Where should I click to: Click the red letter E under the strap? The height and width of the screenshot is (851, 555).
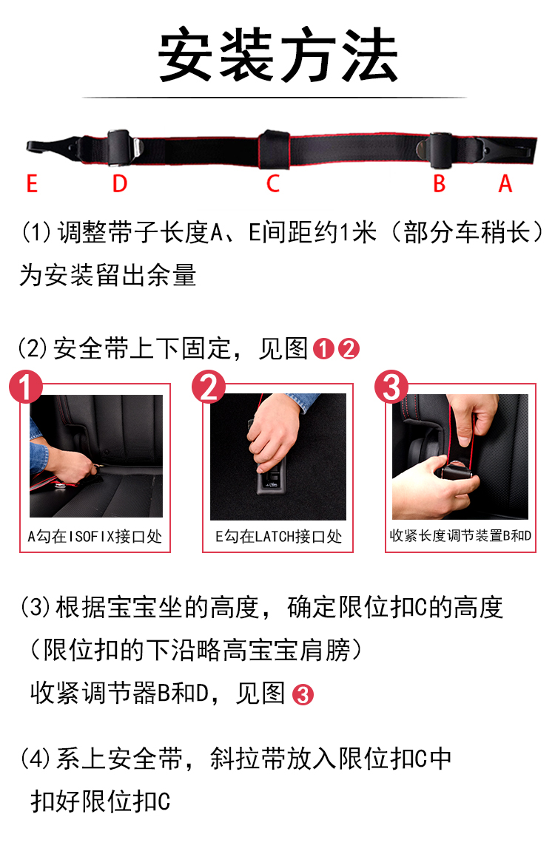[32, 183]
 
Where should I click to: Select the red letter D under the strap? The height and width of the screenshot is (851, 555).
[119, 183]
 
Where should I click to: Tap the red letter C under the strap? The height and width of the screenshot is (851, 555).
[272, 183]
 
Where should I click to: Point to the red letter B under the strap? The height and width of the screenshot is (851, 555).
[440, 183]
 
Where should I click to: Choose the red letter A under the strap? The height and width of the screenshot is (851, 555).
[505, 183]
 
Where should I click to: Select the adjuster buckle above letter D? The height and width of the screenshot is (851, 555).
[121, 147]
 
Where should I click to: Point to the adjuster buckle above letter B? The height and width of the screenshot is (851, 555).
[437, 149]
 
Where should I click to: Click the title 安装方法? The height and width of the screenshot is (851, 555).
[277, 55]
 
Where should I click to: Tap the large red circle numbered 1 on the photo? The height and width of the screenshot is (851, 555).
[25, 387]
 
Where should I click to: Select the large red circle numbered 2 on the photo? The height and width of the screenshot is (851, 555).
[209, 387]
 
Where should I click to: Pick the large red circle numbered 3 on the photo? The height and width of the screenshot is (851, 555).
[391, 387]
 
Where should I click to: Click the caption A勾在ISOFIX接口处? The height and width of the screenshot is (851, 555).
[95, 536]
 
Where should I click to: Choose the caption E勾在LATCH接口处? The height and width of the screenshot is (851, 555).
[278, 536]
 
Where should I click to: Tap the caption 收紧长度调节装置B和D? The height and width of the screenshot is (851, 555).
[460, 536]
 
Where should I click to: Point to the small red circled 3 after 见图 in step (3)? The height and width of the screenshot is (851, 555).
[303, 695]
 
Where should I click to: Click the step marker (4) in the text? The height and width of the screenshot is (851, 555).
[35, 758]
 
